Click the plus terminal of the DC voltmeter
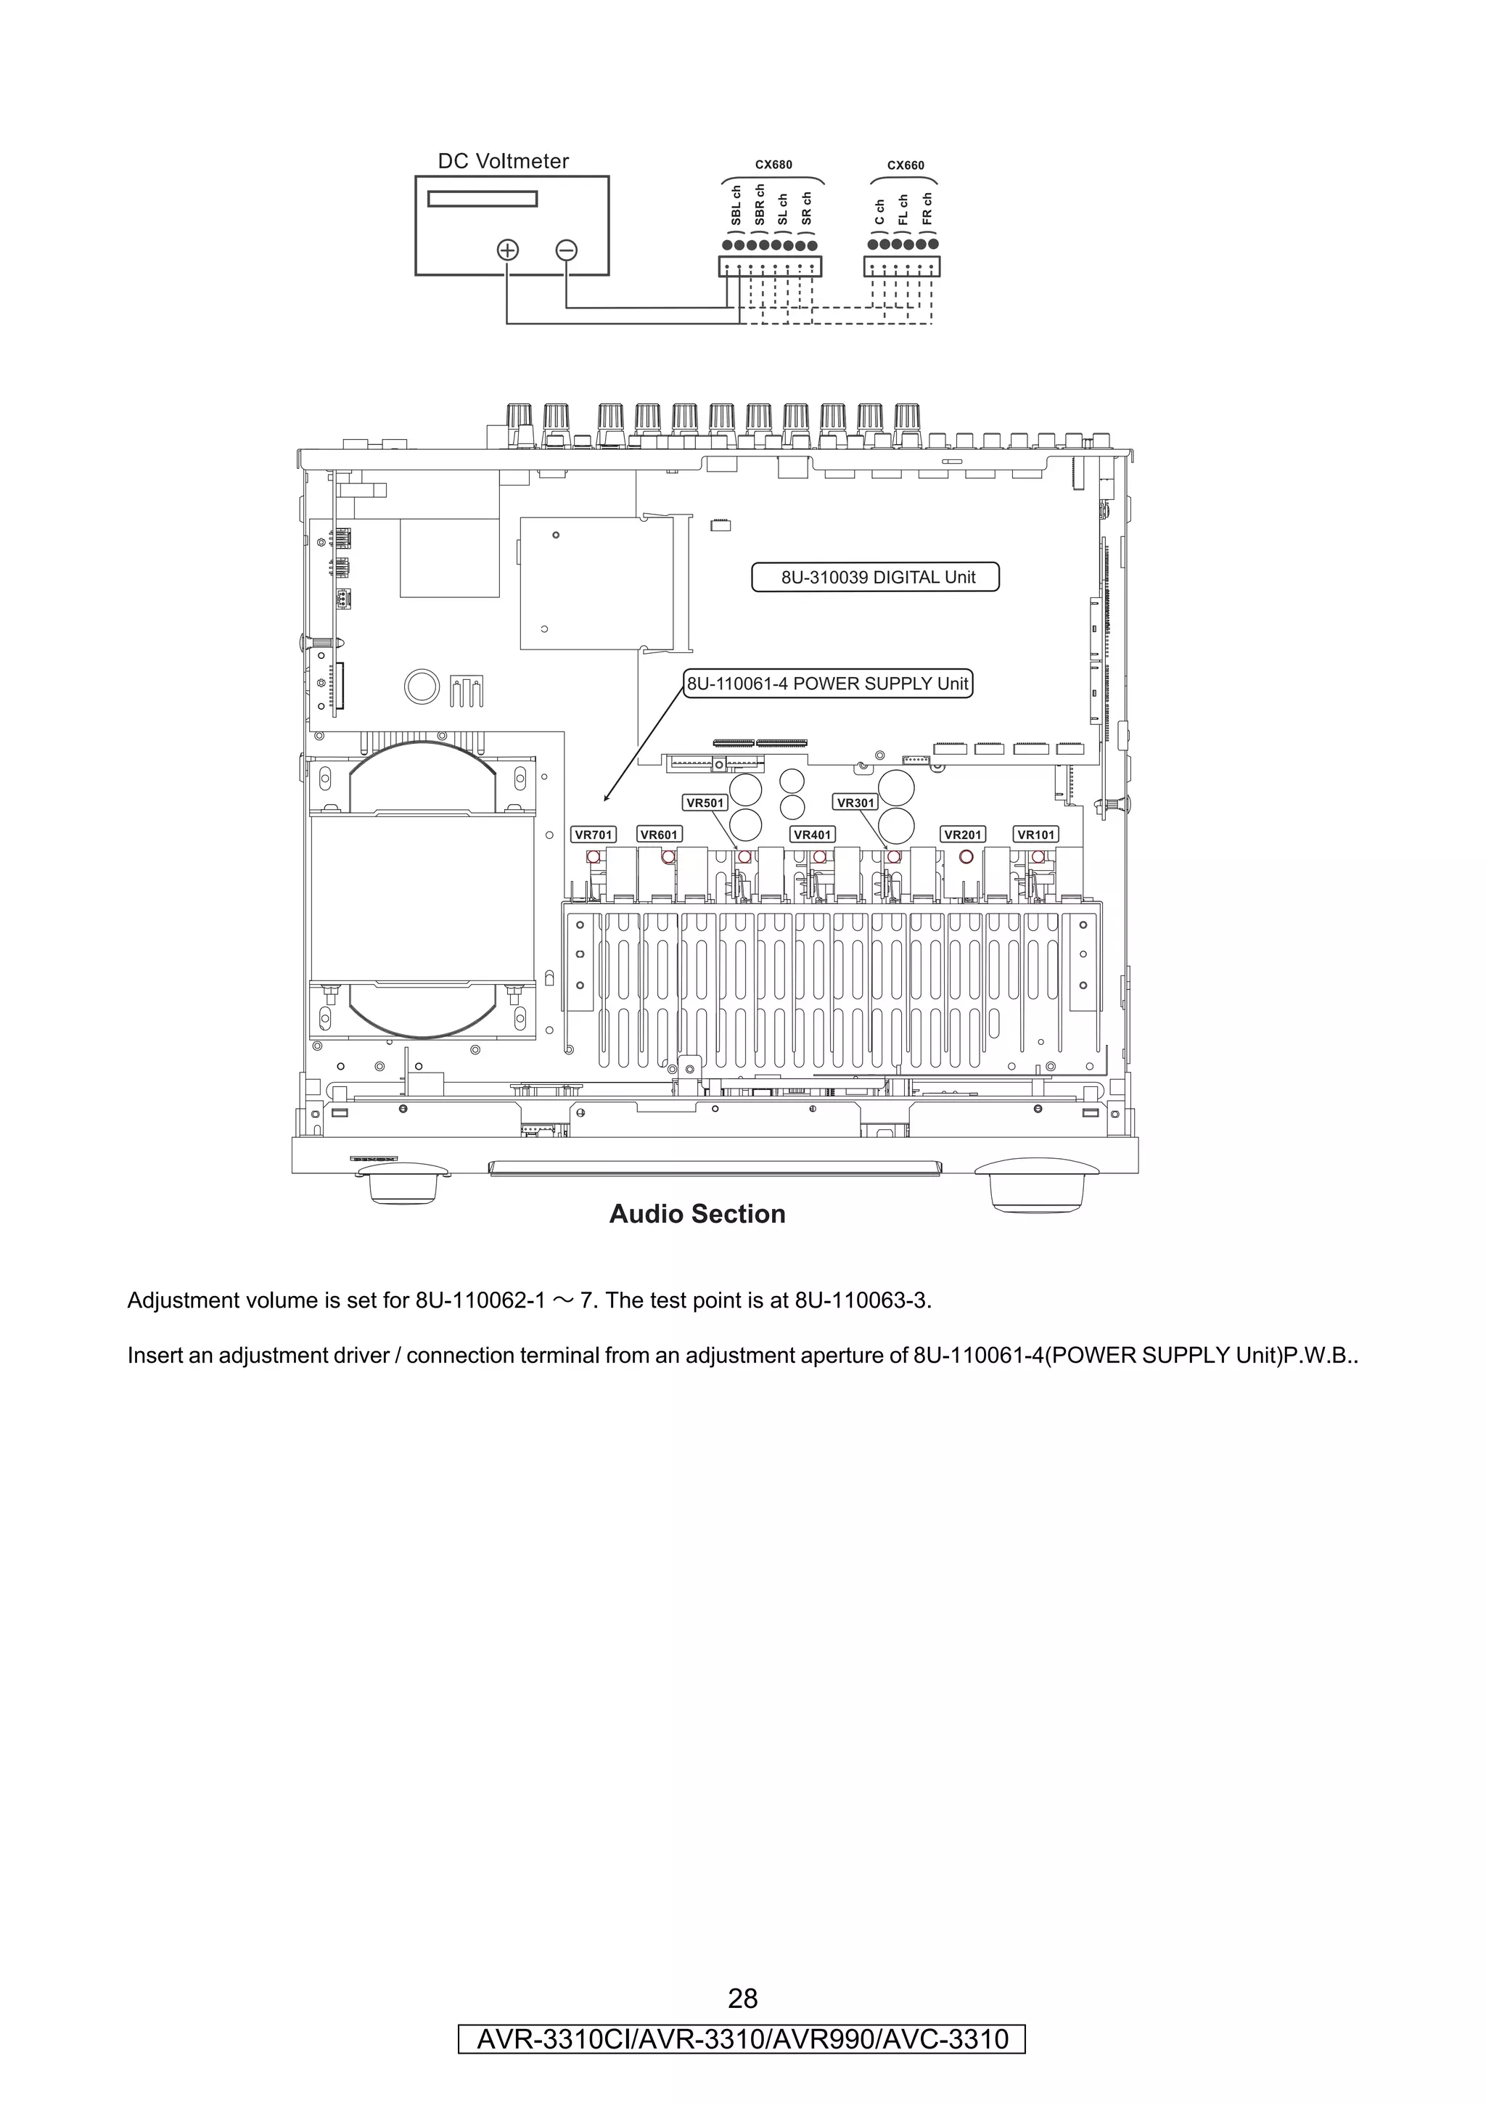[507, 250]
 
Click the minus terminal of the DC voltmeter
[567, 250]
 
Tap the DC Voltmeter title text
[503, 161]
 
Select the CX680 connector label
[773, 165]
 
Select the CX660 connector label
[906, 165]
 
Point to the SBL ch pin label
[736, 206]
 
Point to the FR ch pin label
[927, 209]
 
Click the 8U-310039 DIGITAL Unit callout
[875, 577]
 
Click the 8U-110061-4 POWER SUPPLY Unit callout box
[828, 684]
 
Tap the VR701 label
[594, 835]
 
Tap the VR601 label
[658, 835]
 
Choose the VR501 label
[705, 803]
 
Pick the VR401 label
[812, 835]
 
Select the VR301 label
[856, 803]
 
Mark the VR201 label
[962, 835]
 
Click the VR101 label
[1035, 835]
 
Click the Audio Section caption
[697, 1215]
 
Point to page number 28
[742, 1998]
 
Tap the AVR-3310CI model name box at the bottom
[742, 2039]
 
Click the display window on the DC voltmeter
[483, 199]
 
